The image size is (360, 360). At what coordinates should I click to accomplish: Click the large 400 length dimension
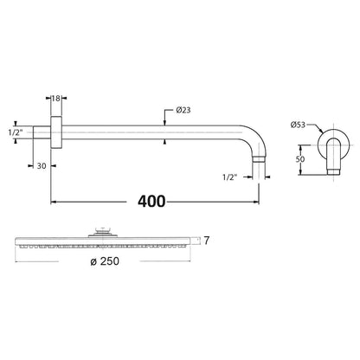(x=151, y=202)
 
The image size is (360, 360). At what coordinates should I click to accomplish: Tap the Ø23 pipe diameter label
(x=183, y=110)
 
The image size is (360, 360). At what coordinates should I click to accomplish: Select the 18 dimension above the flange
(x=56, y=98)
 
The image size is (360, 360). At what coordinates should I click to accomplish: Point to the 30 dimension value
(x=42, y=166)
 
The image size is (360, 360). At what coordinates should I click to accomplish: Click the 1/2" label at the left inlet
(x=15, y=132)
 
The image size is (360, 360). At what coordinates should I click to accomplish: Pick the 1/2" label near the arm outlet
(x=230, y=177)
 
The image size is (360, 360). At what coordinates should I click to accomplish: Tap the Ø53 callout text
(x=298, y=125)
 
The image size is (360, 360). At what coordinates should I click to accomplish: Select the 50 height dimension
(x=300, y=159)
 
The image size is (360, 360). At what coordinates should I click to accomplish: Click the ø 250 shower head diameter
(x=105, y=261)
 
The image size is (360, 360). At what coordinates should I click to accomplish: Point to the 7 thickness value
(x=206, y=241)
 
